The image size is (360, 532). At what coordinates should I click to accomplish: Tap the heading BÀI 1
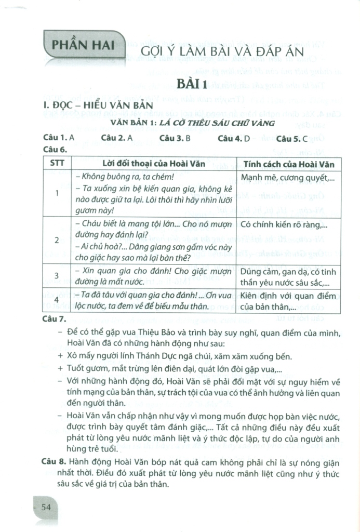[192, 84]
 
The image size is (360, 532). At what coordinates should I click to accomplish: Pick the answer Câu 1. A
[60, 138]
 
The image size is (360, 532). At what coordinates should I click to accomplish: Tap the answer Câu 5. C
[292, 138]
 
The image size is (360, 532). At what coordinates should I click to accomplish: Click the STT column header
[57, 164]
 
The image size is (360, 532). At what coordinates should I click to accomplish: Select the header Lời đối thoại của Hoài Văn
[153, 164]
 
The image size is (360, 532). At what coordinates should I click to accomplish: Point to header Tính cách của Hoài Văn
[288, 164]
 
